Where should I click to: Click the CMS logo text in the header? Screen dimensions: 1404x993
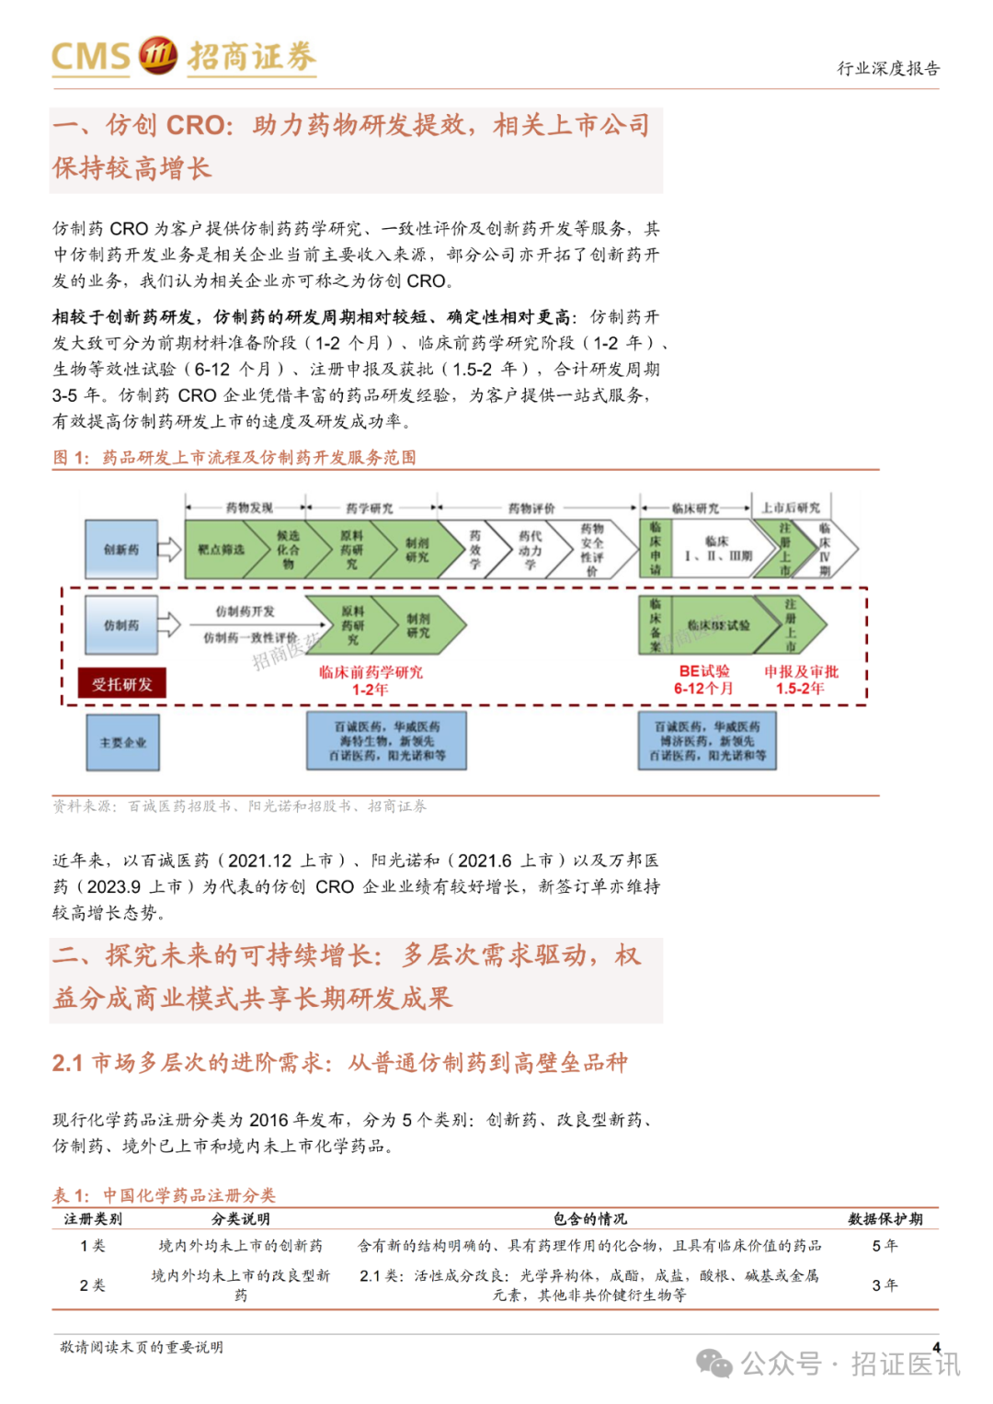click(91, 56)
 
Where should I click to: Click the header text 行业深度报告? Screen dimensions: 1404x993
click(887, 68)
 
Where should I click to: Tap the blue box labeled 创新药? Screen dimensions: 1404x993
click(121, 550)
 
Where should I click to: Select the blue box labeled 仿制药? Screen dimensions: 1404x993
click(121, 625)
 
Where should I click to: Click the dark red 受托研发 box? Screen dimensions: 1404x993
click(121, 684)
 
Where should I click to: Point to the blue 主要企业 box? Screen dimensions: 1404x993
click(122, 742)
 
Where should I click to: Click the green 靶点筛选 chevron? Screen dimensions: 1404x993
click(222, 550)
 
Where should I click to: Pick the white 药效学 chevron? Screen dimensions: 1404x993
click(474, 550)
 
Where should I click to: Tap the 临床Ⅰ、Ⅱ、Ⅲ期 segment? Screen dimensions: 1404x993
click(717, 550)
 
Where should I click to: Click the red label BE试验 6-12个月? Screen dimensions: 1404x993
click(703, 679)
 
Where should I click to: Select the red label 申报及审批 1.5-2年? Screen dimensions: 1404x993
click(801, 679)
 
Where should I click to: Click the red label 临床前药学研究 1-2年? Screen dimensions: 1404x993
click(371, 680)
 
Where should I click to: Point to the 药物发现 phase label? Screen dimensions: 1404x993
click(249, 508)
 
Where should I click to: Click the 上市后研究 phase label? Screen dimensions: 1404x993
click(791, 508)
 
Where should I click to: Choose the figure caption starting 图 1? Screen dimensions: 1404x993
click(234, 457)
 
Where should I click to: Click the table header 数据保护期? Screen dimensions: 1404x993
click(885, 1219)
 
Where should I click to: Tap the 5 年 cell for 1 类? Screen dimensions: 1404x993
click(885, 1246)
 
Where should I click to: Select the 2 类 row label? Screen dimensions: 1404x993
click(92, 1284)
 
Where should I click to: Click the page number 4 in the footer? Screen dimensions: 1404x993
click(936, 1347)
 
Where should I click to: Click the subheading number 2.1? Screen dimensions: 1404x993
click(67, 1064)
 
